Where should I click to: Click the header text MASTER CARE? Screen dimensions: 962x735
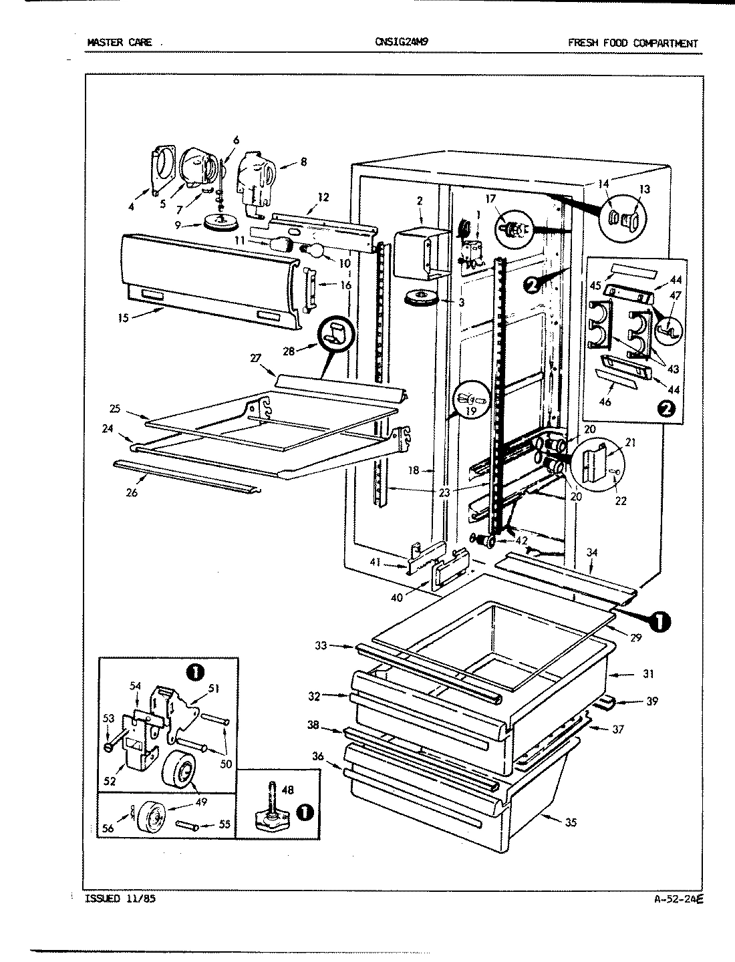coord(120,43)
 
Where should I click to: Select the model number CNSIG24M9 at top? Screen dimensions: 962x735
coord(402,41)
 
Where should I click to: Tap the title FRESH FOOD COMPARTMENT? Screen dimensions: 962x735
coord(632,43)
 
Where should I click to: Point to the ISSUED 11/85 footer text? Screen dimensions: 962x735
coord(121,899)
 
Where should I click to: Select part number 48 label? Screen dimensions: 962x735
coord(287,790)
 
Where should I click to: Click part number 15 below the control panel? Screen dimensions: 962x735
coord(124,317)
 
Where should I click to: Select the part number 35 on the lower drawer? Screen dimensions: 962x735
coord(570,822)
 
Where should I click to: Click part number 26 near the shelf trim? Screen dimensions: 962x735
coord(132,492)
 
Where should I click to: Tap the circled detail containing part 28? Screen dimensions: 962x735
coord(337,333)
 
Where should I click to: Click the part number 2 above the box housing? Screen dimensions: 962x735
coord(420,200)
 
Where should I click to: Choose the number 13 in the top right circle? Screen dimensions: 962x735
coord(643,189)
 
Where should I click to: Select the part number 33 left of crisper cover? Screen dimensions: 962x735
coord(322,645)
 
